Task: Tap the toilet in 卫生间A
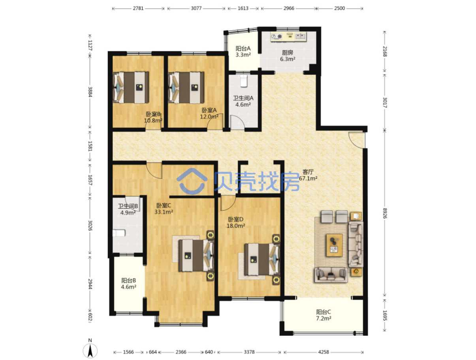(x=244, y=81)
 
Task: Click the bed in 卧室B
(x=131, y=87)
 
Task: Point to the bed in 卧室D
(x=262, y=259)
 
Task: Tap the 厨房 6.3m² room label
(x=288, y=56)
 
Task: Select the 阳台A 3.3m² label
(x=243, y=52)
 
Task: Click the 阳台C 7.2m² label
(x=324, y=315)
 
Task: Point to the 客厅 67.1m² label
(x=308, y=175)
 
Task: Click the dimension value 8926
(x=384, y=213)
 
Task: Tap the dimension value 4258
(x=324, y=352)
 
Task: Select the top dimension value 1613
(x=243, y=8)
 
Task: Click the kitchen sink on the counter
(x=300, y=36)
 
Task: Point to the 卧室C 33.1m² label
(x=164, y=209)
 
